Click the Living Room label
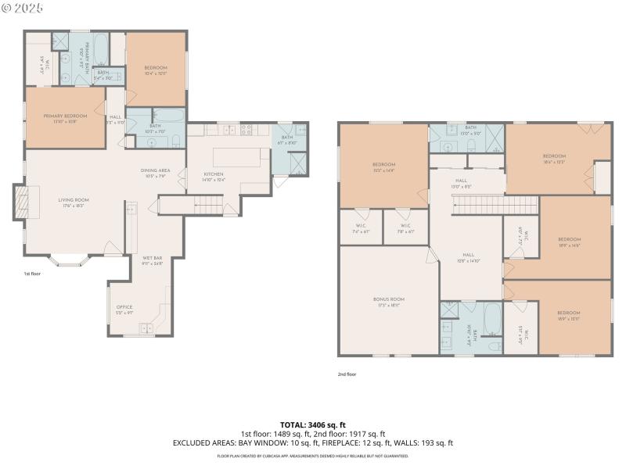tap(74, 200)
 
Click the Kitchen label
tap(214, 174)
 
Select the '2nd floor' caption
tap(347, 374)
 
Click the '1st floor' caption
tap(33, 274)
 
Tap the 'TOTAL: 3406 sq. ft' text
tap(313, 424)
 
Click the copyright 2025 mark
tap(23, 7)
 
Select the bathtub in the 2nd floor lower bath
tap(492, 319)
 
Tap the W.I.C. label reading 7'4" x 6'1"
tap(361, 229)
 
